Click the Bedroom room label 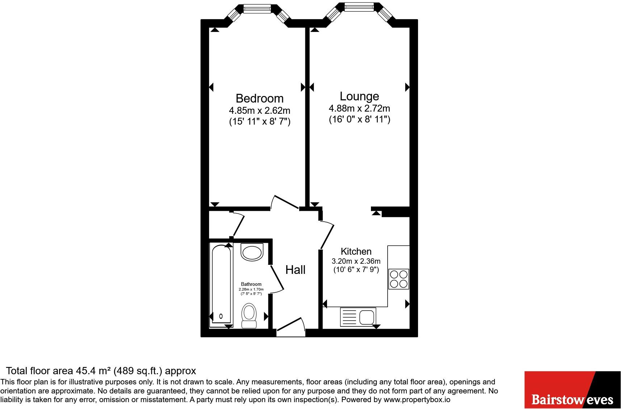(259, 98)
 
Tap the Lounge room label (359, 96)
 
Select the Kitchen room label (356, 251)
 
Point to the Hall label (295, 270)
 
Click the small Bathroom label (251, 284)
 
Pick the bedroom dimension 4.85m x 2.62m (259, 110)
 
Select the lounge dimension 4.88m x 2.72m (359, 108)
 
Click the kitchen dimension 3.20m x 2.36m (356, 261)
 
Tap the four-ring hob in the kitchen (399, 279)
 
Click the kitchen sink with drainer (358, 317)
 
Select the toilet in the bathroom (249, 316)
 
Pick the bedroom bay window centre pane (257, 8)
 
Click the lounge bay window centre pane (359, 6)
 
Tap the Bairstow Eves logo (573, 390)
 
